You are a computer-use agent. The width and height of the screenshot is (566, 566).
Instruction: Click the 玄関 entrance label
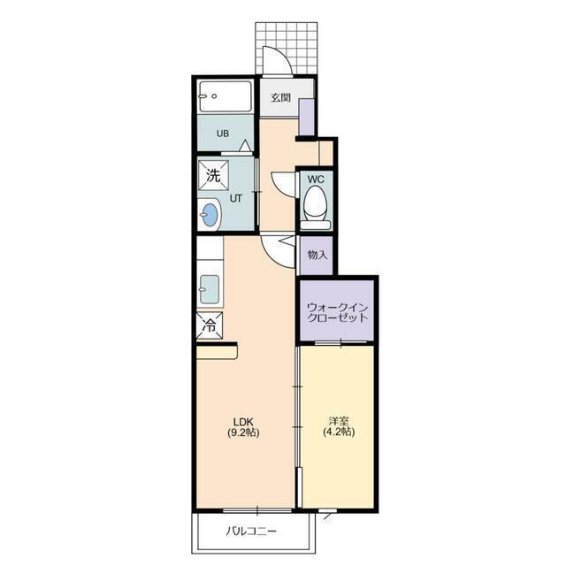281,97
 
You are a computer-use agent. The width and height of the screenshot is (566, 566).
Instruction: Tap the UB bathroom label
223,134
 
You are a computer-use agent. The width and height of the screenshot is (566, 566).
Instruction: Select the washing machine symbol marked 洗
213,175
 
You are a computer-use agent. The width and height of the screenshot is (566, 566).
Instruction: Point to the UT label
236,198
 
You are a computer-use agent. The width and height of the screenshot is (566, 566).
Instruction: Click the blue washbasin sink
210,215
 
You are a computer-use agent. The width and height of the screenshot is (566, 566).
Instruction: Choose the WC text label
316,179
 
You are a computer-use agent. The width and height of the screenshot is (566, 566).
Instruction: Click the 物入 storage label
317,255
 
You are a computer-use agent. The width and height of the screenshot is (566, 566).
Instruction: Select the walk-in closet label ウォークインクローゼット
337,312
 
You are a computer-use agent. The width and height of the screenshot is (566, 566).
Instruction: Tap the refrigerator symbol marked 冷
210,325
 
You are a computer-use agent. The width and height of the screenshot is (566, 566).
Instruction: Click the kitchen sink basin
209,289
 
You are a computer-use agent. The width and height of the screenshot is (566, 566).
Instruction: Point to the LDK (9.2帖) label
243,426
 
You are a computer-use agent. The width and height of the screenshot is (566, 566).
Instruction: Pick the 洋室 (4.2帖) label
338,426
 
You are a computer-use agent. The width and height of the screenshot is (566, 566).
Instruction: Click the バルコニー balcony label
251,531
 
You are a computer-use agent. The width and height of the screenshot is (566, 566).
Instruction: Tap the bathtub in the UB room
226,96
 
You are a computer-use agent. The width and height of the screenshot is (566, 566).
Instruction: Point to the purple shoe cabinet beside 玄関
307,117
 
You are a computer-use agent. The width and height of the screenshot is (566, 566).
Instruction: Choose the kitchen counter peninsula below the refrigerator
217,353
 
